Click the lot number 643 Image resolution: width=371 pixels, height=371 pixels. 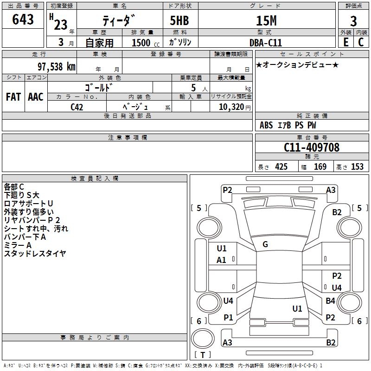23,19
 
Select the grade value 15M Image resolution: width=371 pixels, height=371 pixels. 266,20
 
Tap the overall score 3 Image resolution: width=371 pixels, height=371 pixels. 353,21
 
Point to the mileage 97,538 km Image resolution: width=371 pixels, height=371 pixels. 57,67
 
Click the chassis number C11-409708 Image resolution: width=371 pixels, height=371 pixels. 311,147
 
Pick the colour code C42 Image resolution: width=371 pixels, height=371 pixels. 77,107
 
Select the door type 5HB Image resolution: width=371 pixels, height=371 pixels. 179,20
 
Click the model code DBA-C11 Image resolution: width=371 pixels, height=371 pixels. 266,43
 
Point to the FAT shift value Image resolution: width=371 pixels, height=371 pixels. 13,97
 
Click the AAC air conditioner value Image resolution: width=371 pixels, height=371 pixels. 36,97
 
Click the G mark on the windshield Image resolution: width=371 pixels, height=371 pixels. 265,244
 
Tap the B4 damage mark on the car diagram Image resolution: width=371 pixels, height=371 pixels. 330,301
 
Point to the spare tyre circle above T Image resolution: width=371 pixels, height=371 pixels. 203,339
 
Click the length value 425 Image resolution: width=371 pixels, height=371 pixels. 281,166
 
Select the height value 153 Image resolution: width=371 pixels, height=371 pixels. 357,166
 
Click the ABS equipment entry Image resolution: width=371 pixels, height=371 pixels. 266,125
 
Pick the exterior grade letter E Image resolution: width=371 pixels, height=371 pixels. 346,42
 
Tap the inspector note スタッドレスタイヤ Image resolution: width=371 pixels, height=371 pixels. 35,253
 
